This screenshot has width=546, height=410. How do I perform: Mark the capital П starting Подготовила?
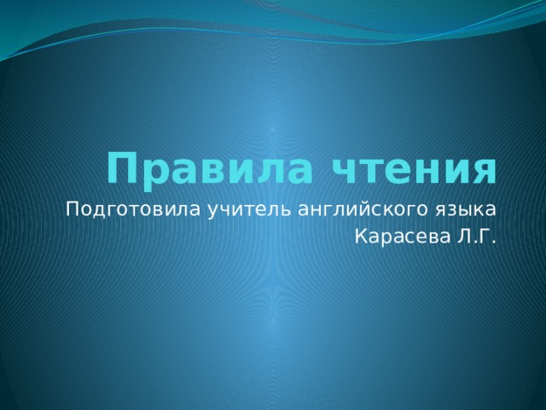pos(72,208)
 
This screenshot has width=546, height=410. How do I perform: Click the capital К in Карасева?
pos(360,237)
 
